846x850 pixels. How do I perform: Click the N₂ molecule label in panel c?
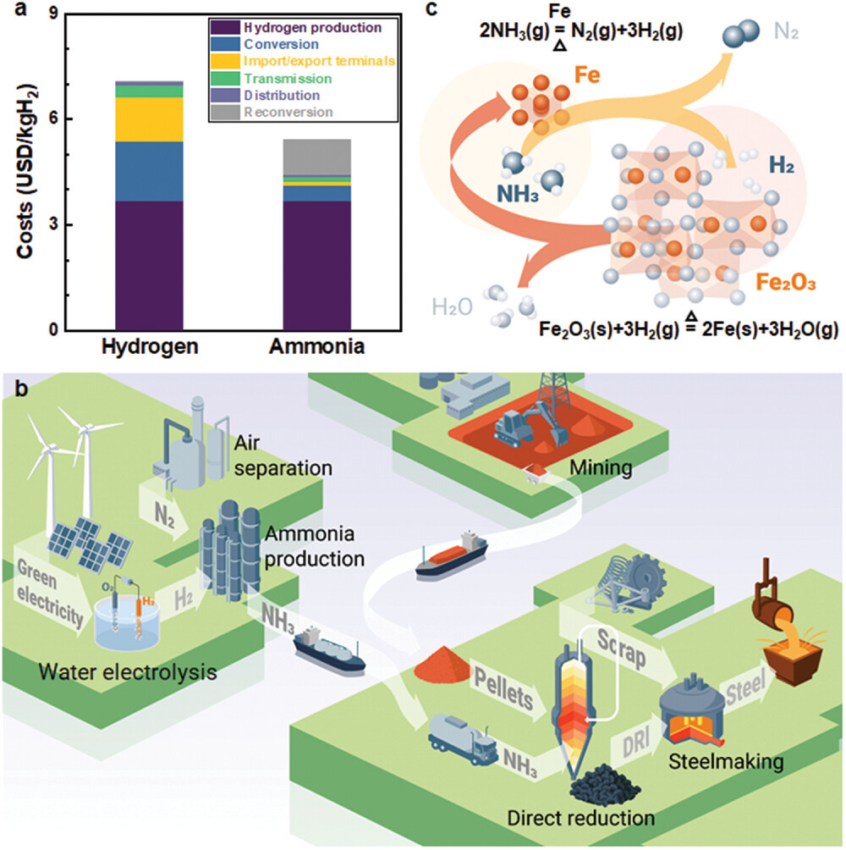click(785, 36)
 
